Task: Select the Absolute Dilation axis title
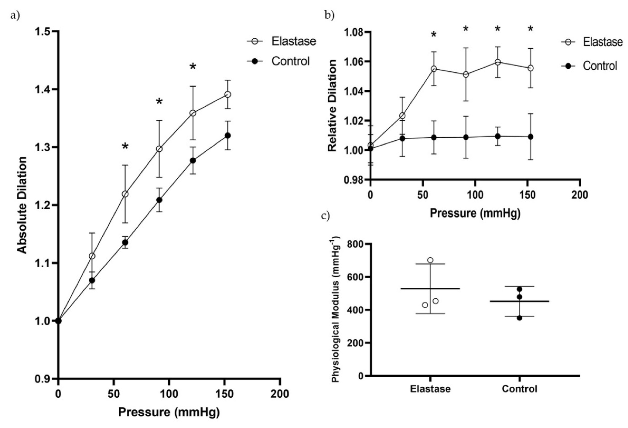pyautogui.click(x=23, y=205)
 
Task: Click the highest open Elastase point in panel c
pyautogui.click(x=430, y=260)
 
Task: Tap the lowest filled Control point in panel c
pyautogui.click(x=519, y=318)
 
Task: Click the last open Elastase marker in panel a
pyautogui.click(x=228, y=95)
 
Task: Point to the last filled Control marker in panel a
pyautogui.click(x=228, y=135)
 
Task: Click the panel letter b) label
pyautogui.click(x=329, y=16)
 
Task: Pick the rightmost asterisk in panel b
pyautogui.click(x=530, y=29)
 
